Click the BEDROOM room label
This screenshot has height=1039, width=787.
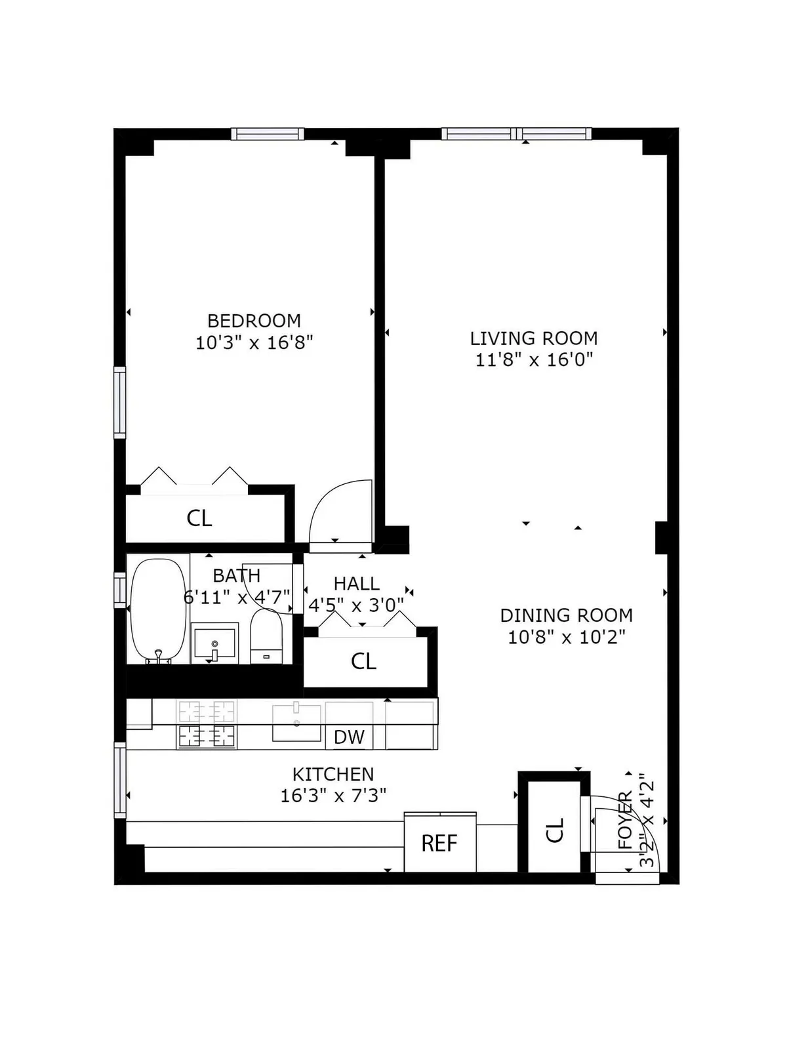(254, 321)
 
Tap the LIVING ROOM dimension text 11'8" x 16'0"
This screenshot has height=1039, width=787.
(534, 359)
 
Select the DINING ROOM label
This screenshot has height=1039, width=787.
(566, 615)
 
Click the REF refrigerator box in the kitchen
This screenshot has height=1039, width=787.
(439, 843)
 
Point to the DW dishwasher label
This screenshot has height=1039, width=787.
(349, 737)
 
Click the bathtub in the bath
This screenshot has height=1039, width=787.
(158, 609)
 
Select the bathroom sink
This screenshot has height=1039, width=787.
(214, 643)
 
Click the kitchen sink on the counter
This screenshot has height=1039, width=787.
(296, 722)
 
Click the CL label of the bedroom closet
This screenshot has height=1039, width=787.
(199, 518)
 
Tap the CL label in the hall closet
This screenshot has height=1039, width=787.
(363, 661)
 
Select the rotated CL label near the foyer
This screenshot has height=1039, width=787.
(555, 830)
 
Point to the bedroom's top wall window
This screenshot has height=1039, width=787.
(268, 134)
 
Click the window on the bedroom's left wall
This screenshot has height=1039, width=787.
(119, 402)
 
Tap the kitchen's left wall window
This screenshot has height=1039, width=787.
(120, 779)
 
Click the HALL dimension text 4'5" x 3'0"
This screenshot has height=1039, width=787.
(356, 605)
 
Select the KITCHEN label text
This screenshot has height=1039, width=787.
(333, 774)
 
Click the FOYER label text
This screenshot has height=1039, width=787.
(626, 820)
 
